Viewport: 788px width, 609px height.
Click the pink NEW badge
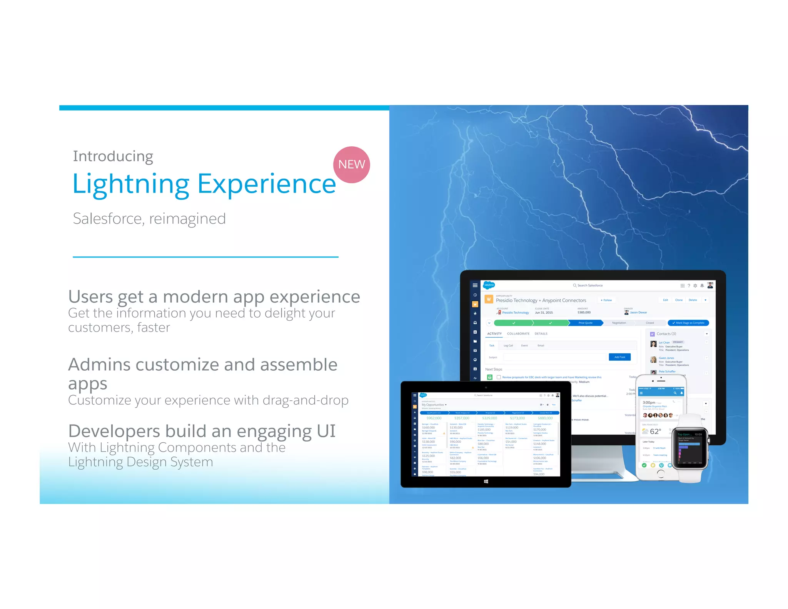(x=351, y=164)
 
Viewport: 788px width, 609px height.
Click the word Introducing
(x=113, y=156)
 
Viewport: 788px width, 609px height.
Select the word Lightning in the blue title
(x=131, y=184)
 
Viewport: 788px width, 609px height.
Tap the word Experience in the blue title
(x=267, y=184)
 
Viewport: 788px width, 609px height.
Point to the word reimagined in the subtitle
(x=187, y=219)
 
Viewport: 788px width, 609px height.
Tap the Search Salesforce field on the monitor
(x=589, y=286)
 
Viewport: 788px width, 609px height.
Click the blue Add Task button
(x=619, y=357)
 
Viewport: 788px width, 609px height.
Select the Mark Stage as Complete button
(x=688, y=323)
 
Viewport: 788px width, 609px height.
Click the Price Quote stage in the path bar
(x=585, y=323)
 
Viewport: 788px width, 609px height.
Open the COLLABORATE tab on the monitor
(x=518, y=334)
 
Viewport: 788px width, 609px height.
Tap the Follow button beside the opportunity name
(x=606, y=300)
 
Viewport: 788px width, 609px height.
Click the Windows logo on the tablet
(x=486, y=482)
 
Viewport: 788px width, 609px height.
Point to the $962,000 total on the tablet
(x=434, y=418)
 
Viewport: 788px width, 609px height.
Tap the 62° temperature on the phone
(x=655, y=432)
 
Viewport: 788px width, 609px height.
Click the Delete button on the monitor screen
(x=693, y=300)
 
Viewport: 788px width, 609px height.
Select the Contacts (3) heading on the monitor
(x=666, y=334)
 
